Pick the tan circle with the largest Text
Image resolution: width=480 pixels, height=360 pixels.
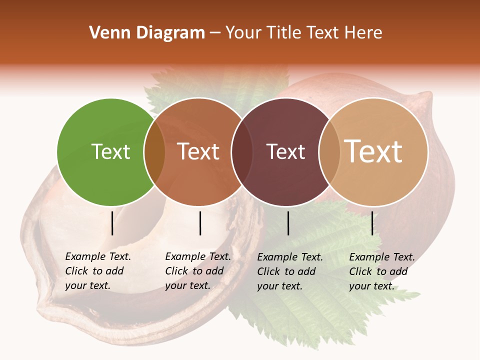(x=380, y=180)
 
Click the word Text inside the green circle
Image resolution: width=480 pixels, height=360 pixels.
(x=111, y=152)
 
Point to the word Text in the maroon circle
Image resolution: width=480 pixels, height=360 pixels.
(x=285, y=152)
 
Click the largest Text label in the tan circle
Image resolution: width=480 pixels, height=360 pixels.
(x=373, y=151)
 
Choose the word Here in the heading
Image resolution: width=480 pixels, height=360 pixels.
(x=364, y=32)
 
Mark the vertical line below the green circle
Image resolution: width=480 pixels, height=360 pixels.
(x=112, y=223)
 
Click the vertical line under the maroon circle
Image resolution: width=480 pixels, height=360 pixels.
(x=288, y=223)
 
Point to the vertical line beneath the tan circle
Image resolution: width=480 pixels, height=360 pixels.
(x=372, y=223)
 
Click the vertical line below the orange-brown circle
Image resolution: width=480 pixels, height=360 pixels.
(x=200, y=223)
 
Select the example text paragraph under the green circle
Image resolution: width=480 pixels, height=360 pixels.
(x=98, y=271)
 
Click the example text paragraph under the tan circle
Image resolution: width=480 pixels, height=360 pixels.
(x=382, y=271)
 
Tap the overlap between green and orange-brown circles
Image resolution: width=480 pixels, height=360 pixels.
(x=154, y=152)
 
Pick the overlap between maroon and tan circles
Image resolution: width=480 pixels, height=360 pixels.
(x=329, y=152)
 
